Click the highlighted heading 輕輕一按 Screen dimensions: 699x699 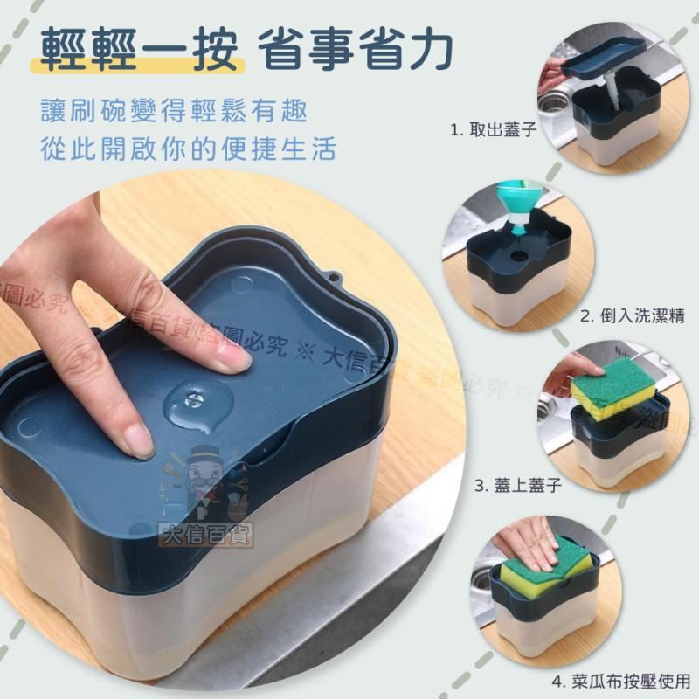(x=139, y=52)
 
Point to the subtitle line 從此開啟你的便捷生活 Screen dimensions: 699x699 (x=188, y=149)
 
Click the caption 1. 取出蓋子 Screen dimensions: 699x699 (x=493, y=128)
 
